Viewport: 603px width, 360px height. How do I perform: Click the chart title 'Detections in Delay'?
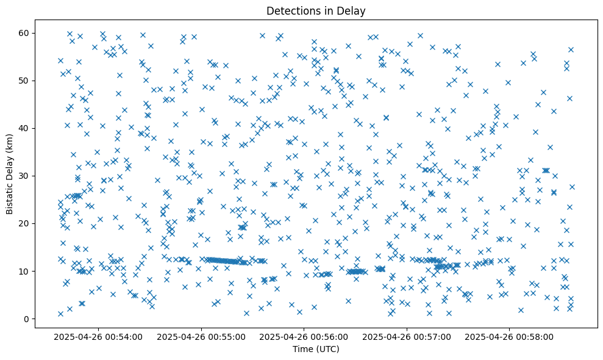click(316, 10)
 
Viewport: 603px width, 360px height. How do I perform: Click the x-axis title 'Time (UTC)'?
click(316, 349)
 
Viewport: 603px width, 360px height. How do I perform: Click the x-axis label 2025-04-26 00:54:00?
click(98, 336)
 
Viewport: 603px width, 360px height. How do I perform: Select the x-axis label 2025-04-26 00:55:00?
click(201, 336)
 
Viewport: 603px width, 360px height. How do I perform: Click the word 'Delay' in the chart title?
click(352, 10)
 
